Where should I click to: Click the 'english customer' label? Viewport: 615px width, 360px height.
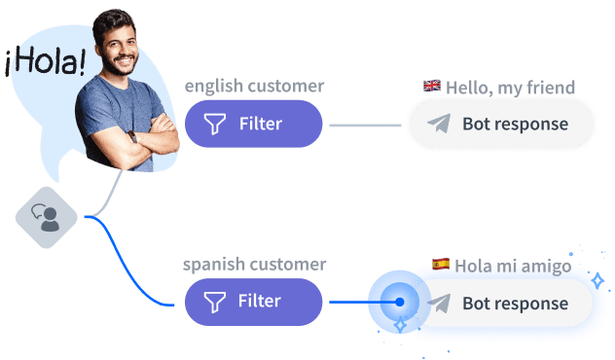click(x=254, y=87)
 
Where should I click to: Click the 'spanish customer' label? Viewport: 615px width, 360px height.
click(x=254, y=264)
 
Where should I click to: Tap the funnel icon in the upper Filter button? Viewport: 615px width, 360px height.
click(x=214, y=124)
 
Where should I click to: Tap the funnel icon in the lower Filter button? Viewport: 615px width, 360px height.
click(x=214, y=302)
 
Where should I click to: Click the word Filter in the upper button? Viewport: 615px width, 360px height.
click(x=260, y=124)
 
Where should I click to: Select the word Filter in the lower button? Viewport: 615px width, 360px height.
click(x=260, y=302)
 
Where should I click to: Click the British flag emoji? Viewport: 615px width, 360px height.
click(x=432, y=87)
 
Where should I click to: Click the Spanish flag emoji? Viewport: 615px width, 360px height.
click(x=441, y=264)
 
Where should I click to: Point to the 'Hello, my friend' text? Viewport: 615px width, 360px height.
click(x=510, y=88)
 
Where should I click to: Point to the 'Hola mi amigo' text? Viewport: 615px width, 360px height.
click(x=514, y=265)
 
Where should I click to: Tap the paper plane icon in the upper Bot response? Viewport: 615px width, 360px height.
click(x=440, y=124)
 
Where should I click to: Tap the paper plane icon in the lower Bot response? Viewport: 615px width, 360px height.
click(x=440, y=303)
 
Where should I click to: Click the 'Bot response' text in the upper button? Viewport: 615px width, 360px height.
click(x=515, y=124)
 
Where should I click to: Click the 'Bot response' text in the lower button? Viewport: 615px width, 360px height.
click(x=515, y=303)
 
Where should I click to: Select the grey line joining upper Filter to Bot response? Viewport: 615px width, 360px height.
click(x=365, y=126)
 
